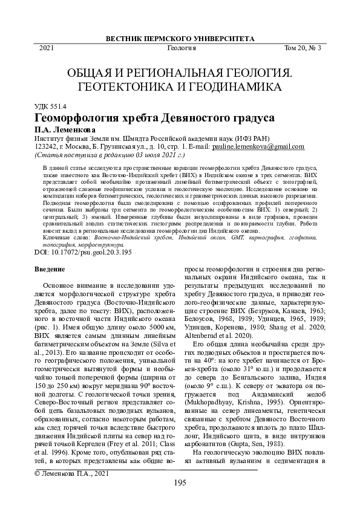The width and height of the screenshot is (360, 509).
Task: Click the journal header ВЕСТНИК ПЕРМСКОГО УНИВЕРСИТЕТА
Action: click(180, 37)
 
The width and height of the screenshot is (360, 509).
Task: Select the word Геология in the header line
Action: click(180, 48)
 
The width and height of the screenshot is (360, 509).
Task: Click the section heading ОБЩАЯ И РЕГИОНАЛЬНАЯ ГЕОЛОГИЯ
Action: click(180, 73)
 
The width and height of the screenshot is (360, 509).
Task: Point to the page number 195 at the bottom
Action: click(180, 482)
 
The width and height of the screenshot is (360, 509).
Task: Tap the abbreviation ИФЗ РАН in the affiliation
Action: click(257, 137)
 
